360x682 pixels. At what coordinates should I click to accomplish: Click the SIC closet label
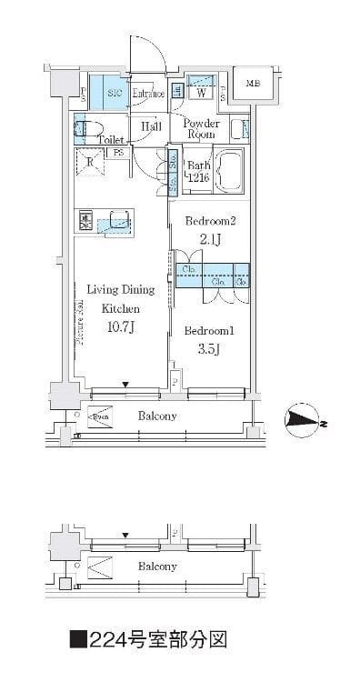click(x=115, y=94)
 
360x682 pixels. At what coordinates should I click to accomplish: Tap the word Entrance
click(x=147, y=94)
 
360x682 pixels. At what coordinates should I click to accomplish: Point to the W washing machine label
click(x=200, y=93)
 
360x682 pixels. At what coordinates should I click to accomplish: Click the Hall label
click(x=151, y=127)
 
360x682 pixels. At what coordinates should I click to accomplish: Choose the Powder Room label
click(x=202, y=128)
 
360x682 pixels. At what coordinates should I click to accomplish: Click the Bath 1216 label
click(x=198, y=172)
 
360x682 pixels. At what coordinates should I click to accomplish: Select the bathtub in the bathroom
click(x=231, y=169)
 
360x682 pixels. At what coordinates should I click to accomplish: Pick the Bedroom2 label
click(x=211, y=221)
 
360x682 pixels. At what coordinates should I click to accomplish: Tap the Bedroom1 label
click(x=210, y=330)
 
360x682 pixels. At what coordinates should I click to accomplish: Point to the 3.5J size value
click(x=210, y=349)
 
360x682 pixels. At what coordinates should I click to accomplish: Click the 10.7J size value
click(x=120, y=327)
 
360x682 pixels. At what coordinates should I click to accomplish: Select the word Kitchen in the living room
click(x=120, y=309)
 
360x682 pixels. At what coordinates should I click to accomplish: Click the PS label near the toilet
click(x=119, y=154)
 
